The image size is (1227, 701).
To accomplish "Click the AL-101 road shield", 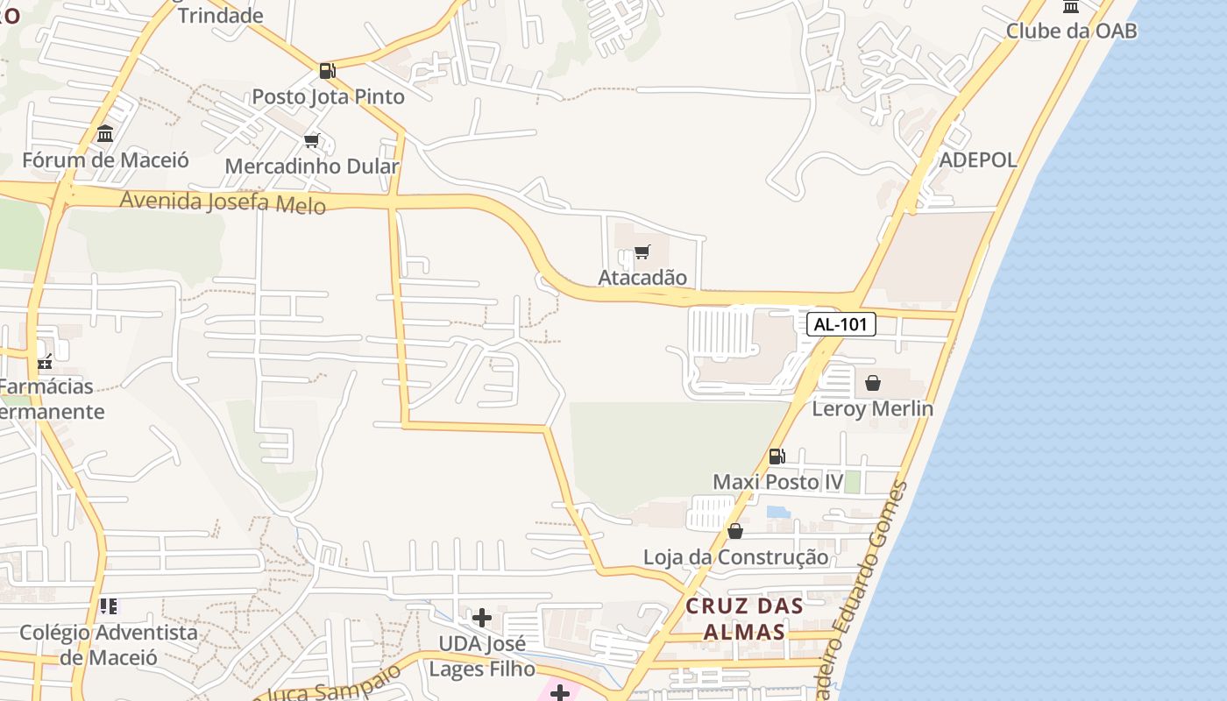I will click(x=840, y=324).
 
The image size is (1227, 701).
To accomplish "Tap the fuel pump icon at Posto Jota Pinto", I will click(x=327, y=71).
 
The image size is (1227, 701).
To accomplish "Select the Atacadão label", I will click(x=642, y=278).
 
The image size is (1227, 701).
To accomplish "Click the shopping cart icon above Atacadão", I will click(x=642, y=252).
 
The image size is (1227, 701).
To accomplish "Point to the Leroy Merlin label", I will click(x=872, y=408).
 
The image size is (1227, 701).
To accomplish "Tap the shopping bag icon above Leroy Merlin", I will click(x=873, y=383).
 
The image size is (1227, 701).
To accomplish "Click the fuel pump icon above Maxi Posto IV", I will click(x=777, y=456).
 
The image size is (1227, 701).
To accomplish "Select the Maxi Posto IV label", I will click(x=777, y=482).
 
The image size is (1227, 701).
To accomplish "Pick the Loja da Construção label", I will click(x=735, y=557).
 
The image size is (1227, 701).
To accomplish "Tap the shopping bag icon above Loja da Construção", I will click(x=735, y=531).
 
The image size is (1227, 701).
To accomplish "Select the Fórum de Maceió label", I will click(x=105, y=160).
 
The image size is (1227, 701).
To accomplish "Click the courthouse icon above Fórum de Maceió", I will click(x=105, y=134).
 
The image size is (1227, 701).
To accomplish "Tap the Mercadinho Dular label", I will click(x=312, y=166).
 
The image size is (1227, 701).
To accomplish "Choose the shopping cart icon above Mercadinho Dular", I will click(x=312, y=140).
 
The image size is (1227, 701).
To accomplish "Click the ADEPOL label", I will click(x=978, y=159).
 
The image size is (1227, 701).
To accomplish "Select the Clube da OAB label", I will click(x=1071, y=31).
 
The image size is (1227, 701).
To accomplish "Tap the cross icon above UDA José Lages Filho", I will click(x=481, y=618).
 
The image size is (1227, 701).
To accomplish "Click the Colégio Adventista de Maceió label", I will click(x=109, y=644).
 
